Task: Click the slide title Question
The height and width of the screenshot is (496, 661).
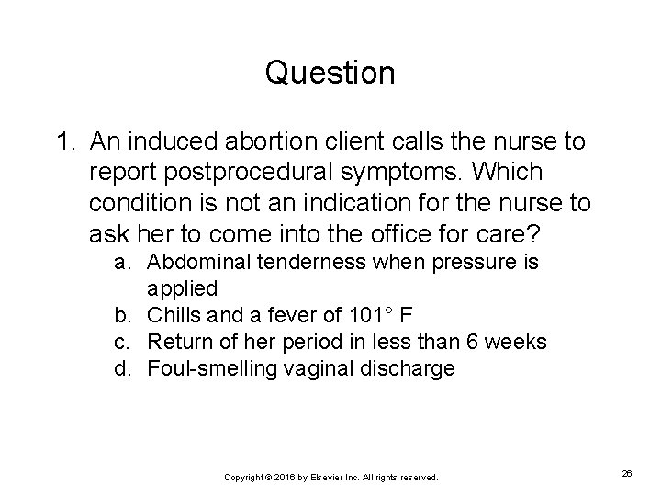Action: pyautogui.click(x=330, y=73)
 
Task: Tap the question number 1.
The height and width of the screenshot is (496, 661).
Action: pyautogui.click(x=64, y=142)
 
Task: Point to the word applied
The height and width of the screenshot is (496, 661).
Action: pyautogui.click(x=183, y=289)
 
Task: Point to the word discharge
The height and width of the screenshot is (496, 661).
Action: pyautogui.click(x=409, y=368)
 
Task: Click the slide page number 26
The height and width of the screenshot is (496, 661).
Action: pyautogui.click(x=627, y=474)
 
